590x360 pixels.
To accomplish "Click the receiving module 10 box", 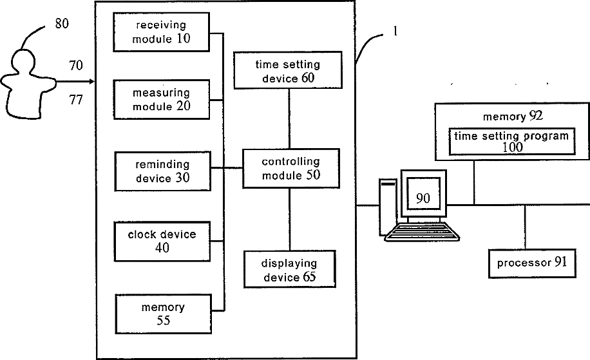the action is (162, 32).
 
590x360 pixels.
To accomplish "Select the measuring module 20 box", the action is (162, 100).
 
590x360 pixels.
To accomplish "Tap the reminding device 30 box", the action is (162, 171).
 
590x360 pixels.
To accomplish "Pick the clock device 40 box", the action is (162, 241).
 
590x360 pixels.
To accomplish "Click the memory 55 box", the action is (164, 314).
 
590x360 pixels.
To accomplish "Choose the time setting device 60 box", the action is (288, 70).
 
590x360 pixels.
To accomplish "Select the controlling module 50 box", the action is (291, 168).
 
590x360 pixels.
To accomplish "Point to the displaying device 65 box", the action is (290, 269).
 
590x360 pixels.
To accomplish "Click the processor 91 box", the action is (532, 263).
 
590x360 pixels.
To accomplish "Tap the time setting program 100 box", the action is (511, 141).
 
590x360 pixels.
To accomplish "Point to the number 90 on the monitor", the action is (423, 198).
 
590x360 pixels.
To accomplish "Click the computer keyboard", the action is (422, 232).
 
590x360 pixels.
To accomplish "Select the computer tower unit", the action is (388, 207).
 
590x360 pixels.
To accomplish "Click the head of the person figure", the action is (24, 61).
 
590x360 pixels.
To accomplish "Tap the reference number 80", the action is (62, 23).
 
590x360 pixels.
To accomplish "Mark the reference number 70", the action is (75, 65).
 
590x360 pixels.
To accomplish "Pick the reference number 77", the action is (75, 100).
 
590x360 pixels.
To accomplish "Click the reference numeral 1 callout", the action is (395, 31).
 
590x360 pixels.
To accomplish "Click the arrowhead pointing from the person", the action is (91, 81).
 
